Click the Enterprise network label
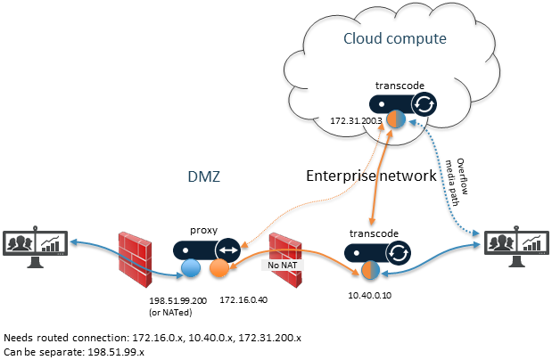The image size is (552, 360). tap(371, 176)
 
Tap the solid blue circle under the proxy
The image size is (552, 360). tap(189, 268)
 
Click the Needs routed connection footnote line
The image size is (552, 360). tap(153, 338)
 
